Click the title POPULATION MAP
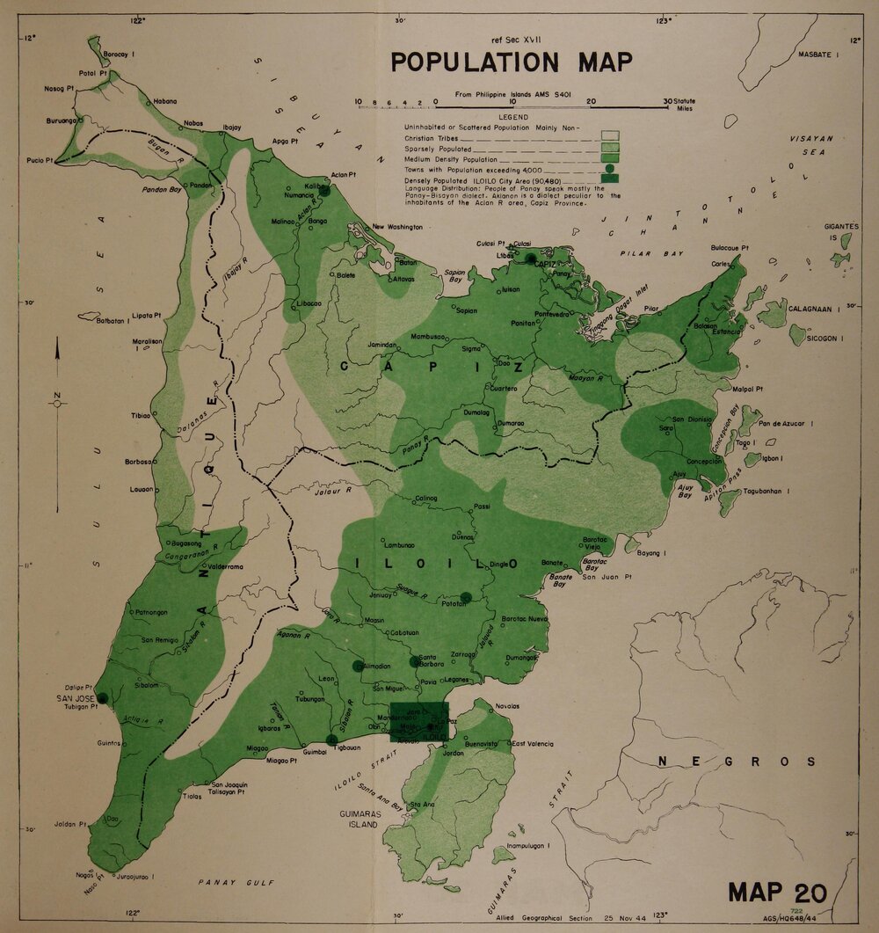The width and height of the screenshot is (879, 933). [x=511, y=63]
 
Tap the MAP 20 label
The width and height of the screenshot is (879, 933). [x=777, y=892]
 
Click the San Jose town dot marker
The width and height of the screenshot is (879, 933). [x=102, y=698]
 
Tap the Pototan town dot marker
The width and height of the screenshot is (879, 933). [x=466, y=598]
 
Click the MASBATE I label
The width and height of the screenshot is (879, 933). [x=819, y=55]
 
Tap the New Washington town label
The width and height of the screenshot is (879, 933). [x=397, y=227]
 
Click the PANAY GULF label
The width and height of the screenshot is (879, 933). [x=236, y=882]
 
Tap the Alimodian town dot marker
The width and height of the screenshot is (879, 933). [x=358, y=667]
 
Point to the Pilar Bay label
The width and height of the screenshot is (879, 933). [x=639, y=253]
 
